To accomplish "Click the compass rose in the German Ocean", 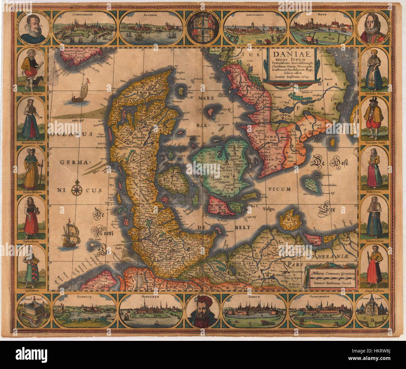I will tap(77, 190).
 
